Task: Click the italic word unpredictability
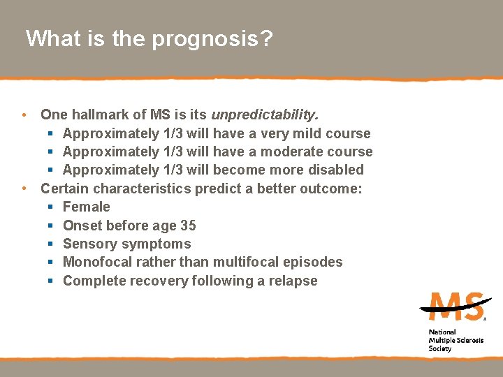pyautogui.click(x=265, y=114)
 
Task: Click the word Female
pyautogui.click(x=87, y=207)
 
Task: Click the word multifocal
pyautogui.click(x=246, y=262)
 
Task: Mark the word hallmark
pyautogui.click(x=94, y=114)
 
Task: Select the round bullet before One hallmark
pyautogui.click(x=24, y=114)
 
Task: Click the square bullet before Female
pyautogui.click(x=51, y=207)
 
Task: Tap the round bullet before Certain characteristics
pyautogui.click(x=24, y=188)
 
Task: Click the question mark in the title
pyautogui.click(x=265, y=38)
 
